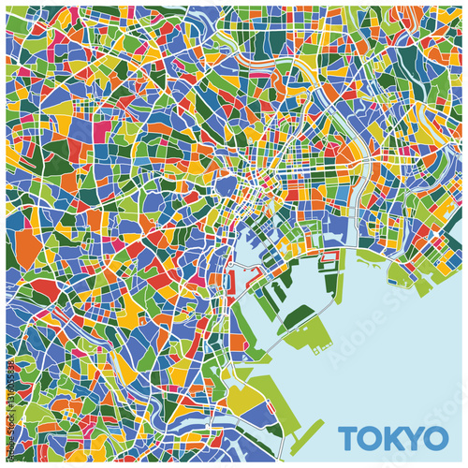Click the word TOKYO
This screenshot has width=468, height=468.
coord(392,437)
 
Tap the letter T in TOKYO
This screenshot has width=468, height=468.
coord(348,437)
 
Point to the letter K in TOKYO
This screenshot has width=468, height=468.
coord(393,437)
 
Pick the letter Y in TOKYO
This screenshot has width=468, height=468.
coord(414,437)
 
